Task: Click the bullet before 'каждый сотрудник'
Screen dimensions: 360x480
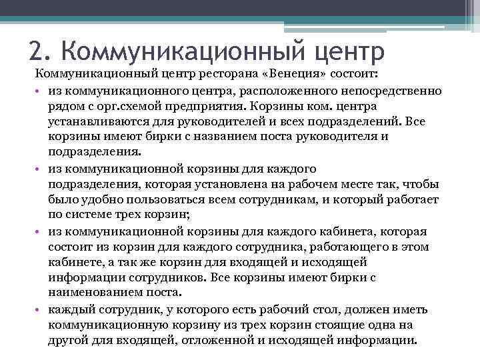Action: pyautogui.click(x=40, y=310)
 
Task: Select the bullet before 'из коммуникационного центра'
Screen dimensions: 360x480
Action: pyautogui.click(x=40, y=91)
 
